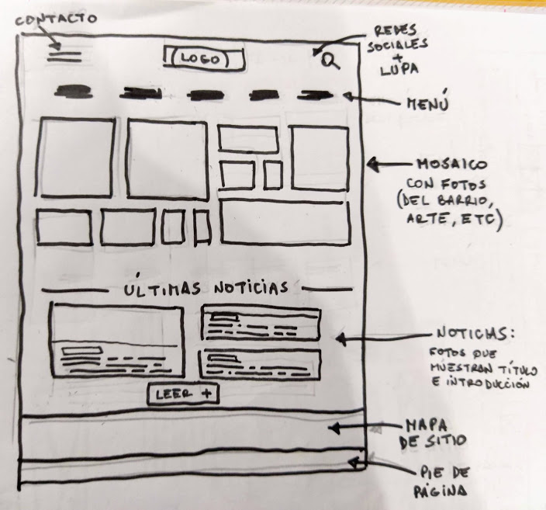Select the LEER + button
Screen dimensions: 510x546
pos(183,394)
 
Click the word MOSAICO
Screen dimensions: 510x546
pos(452,165)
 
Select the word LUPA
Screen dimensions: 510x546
pos(401,70)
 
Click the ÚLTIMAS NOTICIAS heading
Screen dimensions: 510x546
pos(206,288)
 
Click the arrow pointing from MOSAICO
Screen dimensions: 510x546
pos(391,164)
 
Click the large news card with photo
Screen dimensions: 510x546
pos(116,342)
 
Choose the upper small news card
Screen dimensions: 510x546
pos(261,323)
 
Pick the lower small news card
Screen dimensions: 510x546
pos(261,364)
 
